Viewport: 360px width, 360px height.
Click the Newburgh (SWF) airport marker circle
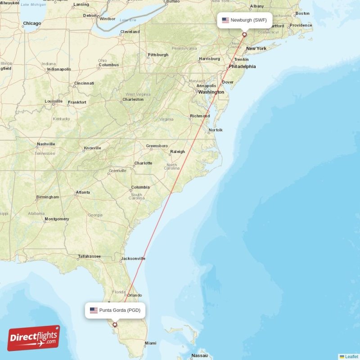tap(244, 34)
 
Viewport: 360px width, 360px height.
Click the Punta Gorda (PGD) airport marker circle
tap(115, 324)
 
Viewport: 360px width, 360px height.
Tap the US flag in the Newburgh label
tap(225, 20)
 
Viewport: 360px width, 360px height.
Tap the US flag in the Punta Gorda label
tap(94, 310)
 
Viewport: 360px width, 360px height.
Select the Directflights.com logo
tap(34, 338)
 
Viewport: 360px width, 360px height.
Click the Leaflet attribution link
tap(351, 356)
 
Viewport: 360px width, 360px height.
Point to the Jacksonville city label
tap(133, 259)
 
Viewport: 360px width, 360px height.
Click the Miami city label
tap(150, 343)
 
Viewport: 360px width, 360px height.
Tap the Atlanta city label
tap(83, 193)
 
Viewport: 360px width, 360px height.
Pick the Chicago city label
tap(32, 23)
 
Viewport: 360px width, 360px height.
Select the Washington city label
tap(211, 92)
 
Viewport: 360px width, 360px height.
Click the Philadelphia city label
tap(242, 67)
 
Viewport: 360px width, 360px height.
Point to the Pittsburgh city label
tap(158, 55)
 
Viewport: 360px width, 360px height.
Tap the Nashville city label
tap(46, 144)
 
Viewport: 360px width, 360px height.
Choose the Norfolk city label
tap(216, 130)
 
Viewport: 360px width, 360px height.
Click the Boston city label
tap(303, 13)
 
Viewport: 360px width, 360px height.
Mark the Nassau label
tap(199, 355)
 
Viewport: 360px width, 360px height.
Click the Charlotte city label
tap(143, 163)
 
